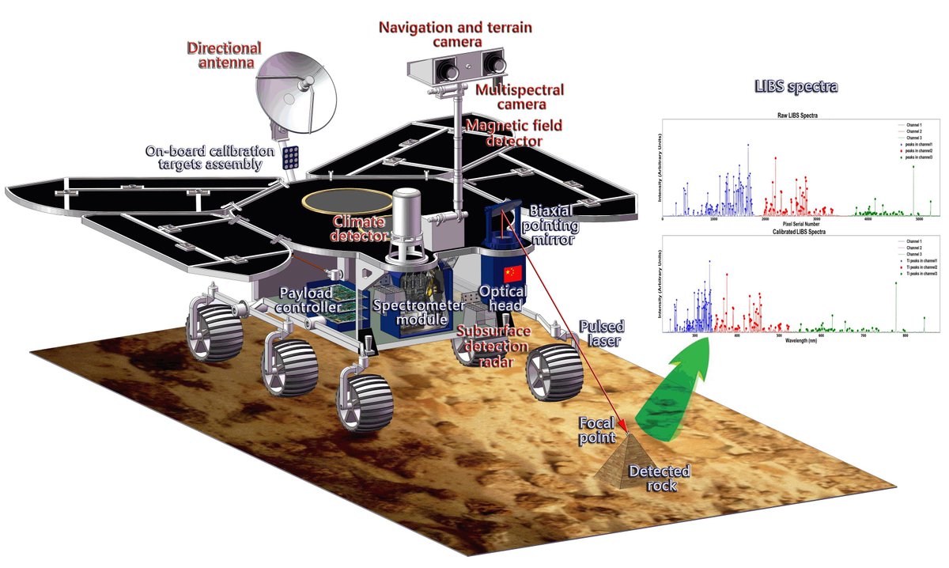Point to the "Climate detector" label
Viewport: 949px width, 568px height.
click(361, 228)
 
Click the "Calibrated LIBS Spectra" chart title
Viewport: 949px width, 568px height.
click(796, 232)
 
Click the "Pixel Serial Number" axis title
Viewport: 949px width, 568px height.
click(796, 225)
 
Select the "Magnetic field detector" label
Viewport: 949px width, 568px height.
click(505, 132)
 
